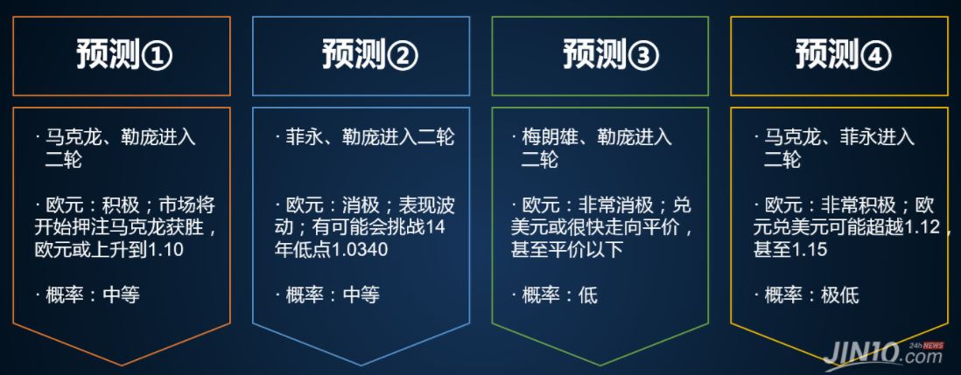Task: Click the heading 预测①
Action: [124, 56]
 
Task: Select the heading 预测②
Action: [370, 56]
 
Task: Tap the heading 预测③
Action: [610, 56]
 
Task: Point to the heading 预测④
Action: [844, 56]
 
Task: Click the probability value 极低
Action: [840, 295]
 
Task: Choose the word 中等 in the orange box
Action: [122, 295]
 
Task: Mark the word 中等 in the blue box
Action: [361, 295]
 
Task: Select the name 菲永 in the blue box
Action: [305, 137]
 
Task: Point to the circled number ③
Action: [643, 57]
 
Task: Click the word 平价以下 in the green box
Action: [587, 250]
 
